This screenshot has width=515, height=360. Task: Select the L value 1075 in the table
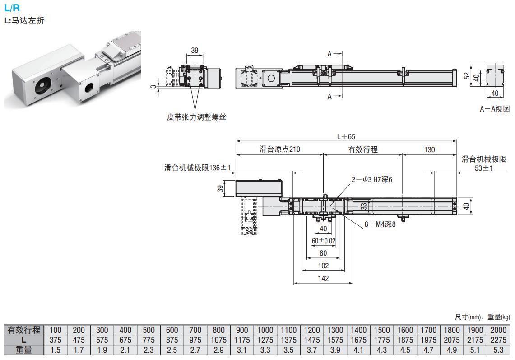[x=219, y=340]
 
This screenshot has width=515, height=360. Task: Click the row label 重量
[x=23, y=350]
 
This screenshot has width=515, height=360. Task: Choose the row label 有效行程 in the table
[x=23, y=330]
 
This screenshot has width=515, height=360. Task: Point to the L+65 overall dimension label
[x=346, y=136]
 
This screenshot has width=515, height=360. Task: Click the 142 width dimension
[x=323, y=278]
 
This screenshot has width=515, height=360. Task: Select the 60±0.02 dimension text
[x=323, y=241]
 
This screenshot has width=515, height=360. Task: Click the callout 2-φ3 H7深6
[x=372, y=179]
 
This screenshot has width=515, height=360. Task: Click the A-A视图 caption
[x=495, y=109]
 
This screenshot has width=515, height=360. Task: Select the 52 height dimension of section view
[x=467, y=76]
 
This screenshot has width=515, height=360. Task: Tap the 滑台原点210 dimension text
[x=280, y=150]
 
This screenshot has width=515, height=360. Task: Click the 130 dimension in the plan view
[x=430, y=150]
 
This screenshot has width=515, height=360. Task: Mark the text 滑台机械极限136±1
[x=198, y=168]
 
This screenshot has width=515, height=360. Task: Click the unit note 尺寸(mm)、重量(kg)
[x=482, y=317]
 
